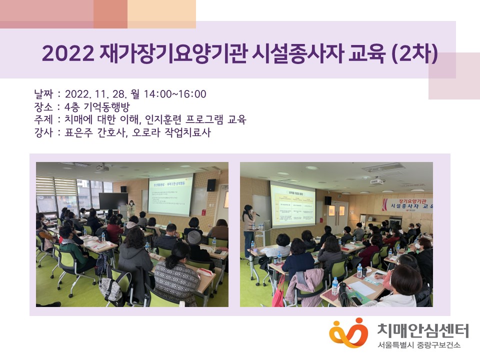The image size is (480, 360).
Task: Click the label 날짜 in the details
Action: pos(43,94)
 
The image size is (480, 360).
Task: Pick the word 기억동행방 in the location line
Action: pos(109,107)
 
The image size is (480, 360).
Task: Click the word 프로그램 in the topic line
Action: pos(205,120)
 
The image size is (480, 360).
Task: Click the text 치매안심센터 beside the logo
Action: pos(422,330)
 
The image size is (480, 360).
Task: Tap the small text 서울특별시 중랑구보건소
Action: pos(419,345)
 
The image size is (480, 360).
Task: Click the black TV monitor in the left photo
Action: pos(113,201)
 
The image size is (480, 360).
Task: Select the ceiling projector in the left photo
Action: pos(102,168)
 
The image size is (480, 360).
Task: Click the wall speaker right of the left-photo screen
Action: pos(211,185)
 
